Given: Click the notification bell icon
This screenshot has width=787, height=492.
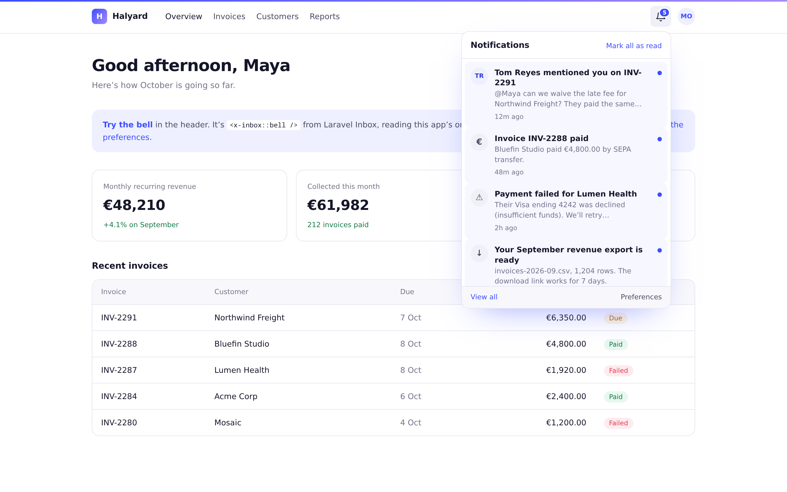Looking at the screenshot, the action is [x=660, y=16].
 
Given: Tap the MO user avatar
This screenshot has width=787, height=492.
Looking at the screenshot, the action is [x=686, y=16].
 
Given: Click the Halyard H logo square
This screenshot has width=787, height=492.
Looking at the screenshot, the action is [x=99, y=16].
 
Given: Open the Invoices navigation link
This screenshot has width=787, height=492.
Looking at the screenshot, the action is [x=229, y=16].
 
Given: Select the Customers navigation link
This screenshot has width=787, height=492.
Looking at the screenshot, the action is [x=277, y=16].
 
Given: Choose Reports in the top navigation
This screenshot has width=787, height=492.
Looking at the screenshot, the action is [x=325, y=16].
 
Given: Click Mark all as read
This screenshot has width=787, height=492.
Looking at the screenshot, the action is [x=634, y=46].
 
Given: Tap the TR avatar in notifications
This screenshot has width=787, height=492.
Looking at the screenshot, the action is [x=479, y=76].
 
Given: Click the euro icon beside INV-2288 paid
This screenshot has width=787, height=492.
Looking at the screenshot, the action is [x=479, y=142].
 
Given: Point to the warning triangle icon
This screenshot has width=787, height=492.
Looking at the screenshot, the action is [x=479, y=197].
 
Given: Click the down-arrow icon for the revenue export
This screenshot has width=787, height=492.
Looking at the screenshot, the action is [x=479, y=253].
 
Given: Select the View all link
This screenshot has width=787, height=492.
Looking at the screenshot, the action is [x=484, y=297].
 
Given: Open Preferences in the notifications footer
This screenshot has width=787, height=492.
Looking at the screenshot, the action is [x=641, y=297].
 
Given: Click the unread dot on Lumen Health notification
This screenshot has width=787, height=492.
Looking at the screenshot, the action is [x=659, y=195].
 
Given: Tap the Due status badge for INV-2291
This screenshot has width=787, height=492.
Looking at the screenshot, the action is [x=615, y=318].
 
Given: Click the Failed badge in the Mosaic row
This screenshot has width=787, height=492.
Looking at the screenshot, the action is [x=618, y=423].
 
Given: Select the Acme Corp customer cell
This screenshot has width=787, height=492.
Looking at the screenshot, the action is [x=236, y=396].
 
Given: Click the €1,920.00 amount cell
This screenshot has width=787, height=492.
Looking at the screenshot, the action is [x=566, y=370].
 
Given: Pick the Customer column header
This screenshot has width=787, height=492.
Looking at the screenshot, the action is [x=231, y=292].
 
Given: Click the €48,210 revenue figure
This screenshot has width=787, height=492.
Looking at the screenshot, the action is [x=134, y=205].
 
